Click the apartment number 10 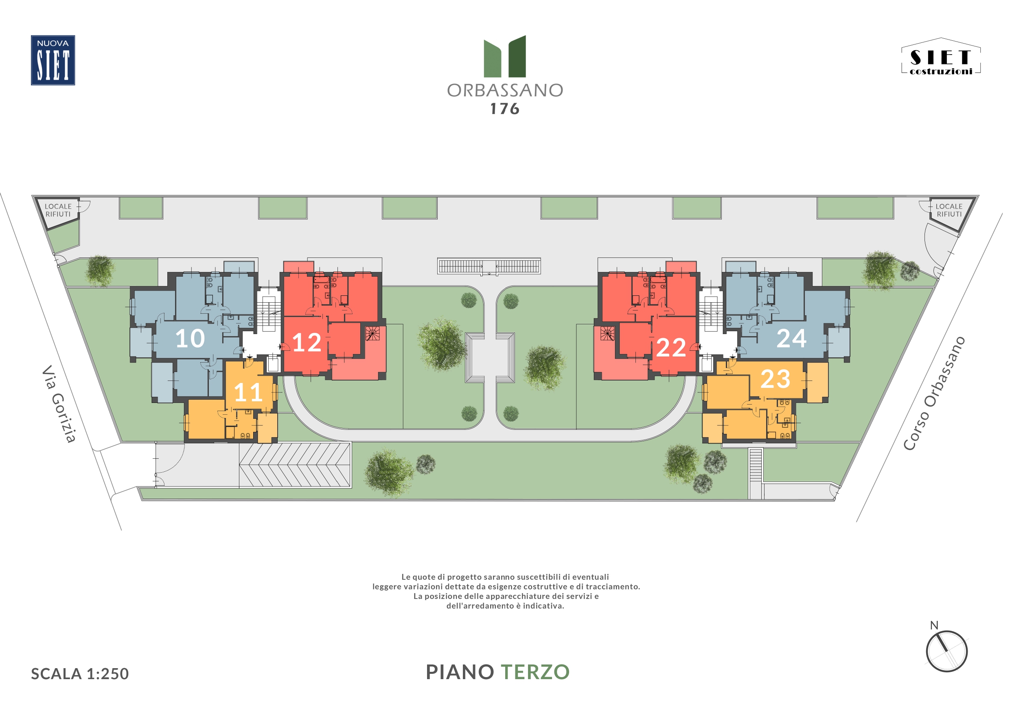pos(190,339)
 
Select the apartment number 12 pos(307,343)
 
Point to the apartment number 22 pos(671,348)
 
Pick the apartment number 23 pos(776,379)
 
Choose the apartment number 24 pos(791,339)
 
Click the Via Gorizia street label pos(59,403)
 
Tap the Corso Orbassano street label pos(934,393)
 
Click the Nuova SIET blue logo pos(53,60)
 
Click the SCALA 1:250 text pos(80,673)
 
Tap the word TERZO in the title pos(535,672)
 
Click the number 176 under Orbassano pos(505,109)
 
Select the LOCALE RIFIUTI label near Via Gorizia pos(58,210)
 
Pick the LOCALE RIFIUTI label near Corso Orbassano pos(949,210)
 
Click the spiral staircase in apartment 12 pos(372,333)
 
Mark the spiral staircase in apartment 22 pos(607,333)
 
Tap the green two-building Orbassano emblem pos(504,56)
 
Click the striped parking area pos(295,465)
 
